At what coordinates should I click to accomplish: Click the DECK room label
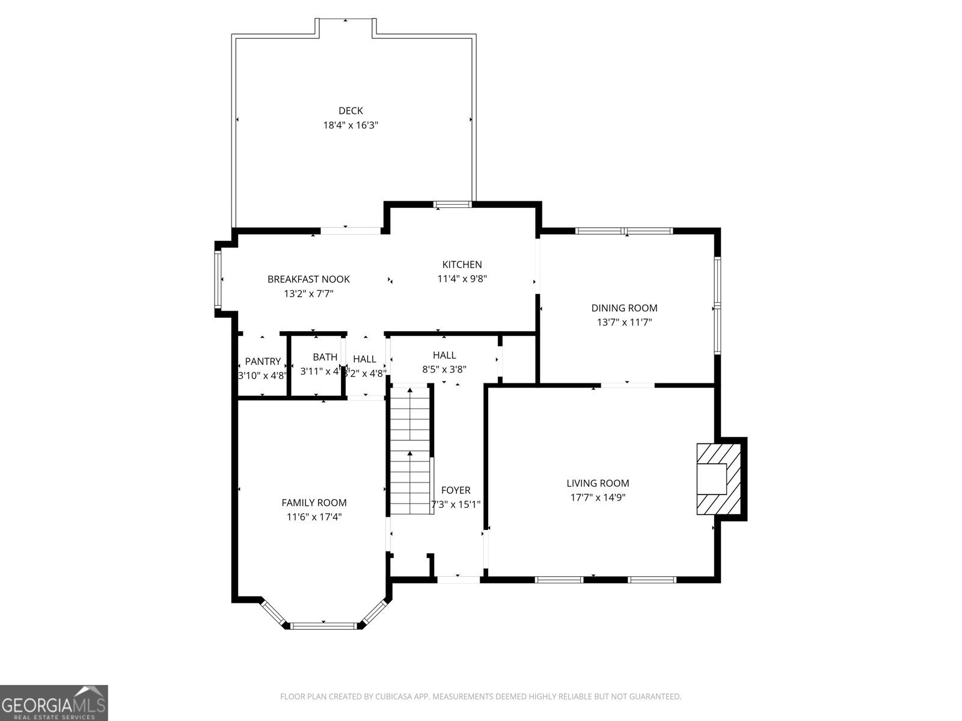pyautogui.click(x=351, y=111)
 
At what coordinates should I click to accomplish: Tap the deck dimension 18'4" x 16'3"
pyautogui.click(x=351, y=126)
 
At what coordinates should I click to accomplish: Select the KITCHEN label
pyautogui.click(x=462, y=264)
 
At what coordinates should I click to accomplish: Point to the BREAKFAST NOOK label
pyautogui.click(x=308, y=279)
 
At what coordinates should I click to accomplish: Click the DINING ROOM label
pyautogui.click(x=624, y=308)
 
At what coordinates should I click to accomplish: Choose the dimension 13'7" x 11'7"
pyautogui.click(x=624, y=323)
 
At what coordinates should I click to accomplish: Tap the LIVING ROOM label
pyautogui.click(x=598, y=483)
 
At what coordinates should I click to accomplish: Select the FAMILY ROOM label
pyautogui.click(x=314, y=503)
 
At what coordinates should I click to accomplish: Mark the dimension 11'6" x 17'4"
pyautogui.click(x=314, y=517)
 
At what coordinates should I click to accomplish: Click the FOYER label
pyautogui.click(x=456, y=490)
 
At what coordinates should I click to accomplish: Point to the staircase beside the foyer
pyautogui.click(x=410, y=451)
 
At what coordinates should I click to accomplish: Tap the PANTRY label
pyautogui.click(x=263, y=362)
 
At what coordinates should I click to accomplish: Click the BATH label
pyautogui.click(x=325, y=357)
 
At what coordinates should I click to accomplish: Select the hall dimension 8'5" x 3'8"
pyautogui.click(x=444, y=370)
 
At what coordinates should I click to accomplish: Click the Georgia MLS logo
pyautogui.click(x=54, y=702)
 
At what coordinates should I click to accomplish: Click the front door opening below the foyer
pyautogui.click(x=458, y=579)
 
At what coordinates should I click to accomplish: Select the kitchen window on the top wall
pyautogui.click(x=453, y=204)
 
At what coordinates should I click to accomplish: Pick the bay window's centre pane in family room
pyautogui.click(x=323, y=625)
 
